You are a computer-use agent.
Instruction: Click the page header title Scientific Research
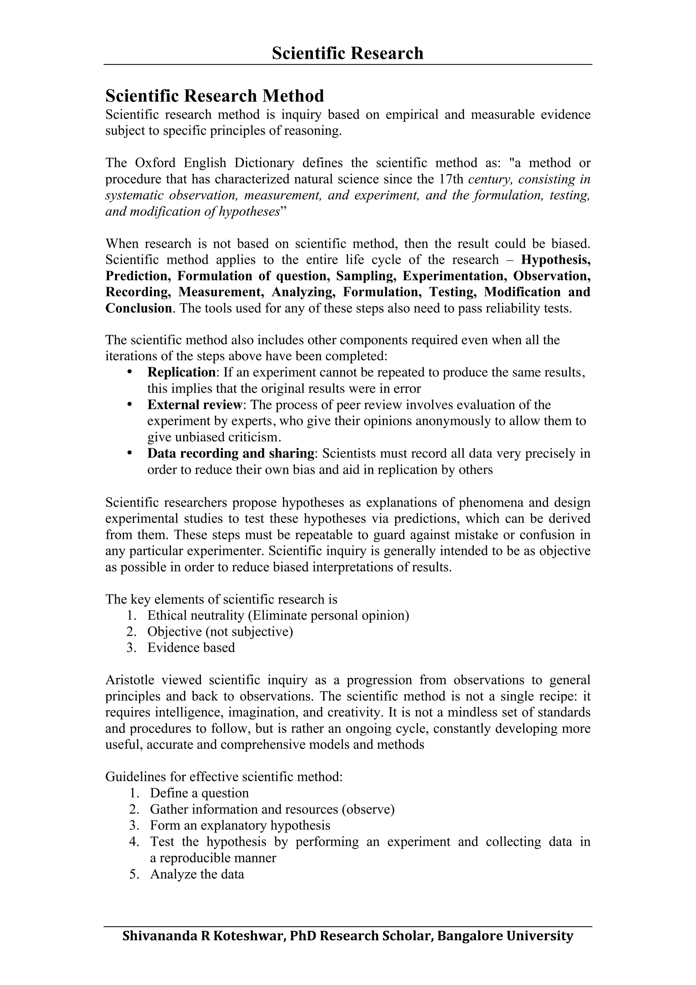point(347,53)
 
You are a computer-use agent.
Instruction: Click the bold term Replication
point(181,372)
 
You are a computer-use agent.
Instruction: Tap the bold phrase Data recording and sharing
point(231,453)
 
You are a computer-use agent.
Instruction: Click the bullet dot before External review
point(129,404)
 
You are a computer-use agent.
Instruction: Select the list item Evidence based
point(191,647)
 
